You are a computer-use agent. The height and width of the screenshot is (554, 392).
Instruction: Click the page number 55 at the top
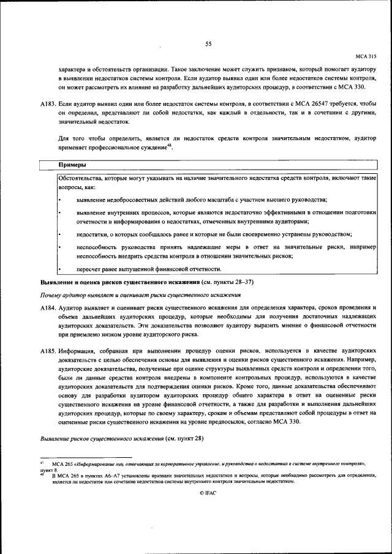208,43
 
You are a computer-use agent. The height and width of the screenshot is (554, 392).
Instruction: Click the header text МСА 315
366,56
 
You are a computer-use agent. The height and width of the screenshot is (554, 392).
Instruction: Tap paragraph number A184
48,309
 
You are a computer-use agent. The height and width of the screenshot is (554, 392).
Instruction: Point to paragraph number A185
48,353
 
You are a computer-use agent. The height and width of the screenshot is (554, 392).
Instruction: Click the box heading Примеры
72,165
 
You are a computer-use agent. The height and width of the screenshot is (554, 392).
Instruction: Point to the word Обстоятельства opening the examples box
80,177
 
